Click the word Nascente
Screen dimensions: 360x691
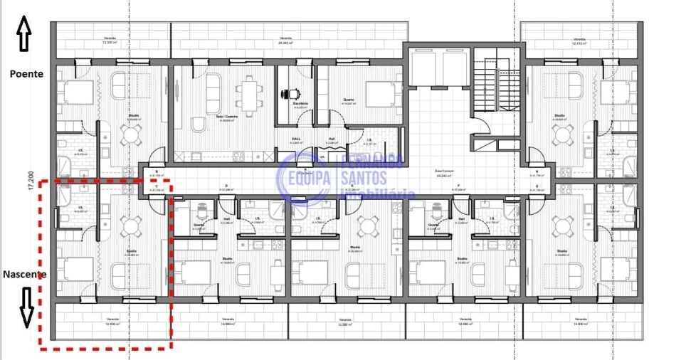[x=26, y=275]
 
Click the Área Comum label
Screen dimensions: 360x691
[x=445, y=172]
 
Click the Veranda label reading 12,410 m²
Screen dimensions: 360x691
[x=579, y=40]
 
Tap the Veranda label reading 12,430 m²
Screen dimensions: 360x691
[x=110, y=322]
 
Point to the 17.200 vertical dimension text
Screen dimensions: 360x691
[x=30, y=180]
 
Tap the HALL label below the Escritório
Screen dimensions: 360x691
[x=297, y=139]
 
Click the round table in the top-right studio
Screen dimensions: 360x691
[x=562, y=134]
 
